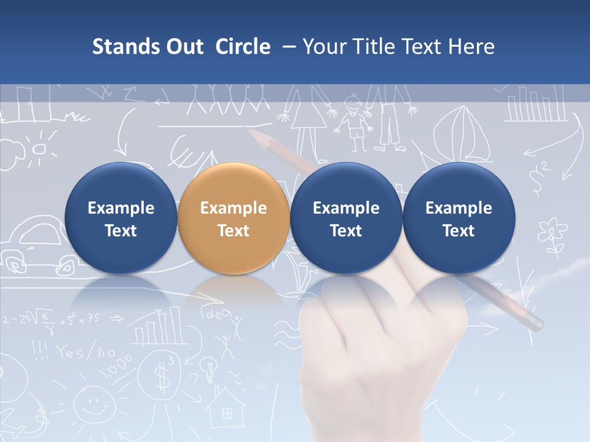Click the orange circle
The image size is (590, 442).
pyautogui.click(x=233, y=219)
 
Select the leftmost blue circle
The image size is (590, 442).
pyautogui.click(x=120, y=219)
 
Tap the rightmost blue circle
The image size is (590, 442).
pyautogui.click(x=458, y=219)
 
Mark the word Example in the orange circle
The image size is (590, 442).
pyautogui.click(x=233, y=208)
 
